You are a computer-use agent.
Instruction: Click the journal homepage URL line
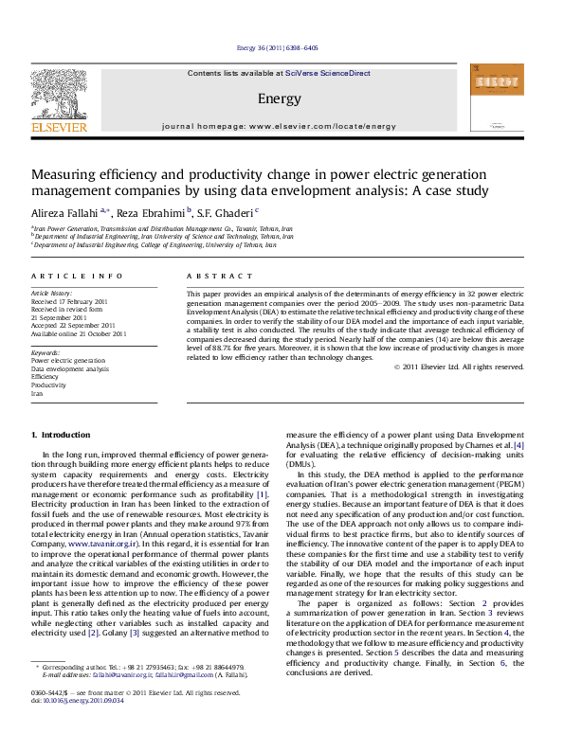pos(279,125)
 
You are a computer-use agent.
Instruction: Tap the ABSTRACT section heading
pos(215,274)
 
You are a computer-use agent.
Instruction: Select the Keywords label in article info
pos(46,352)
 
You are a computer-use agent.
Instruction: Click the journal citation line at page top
pos(281,46)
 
